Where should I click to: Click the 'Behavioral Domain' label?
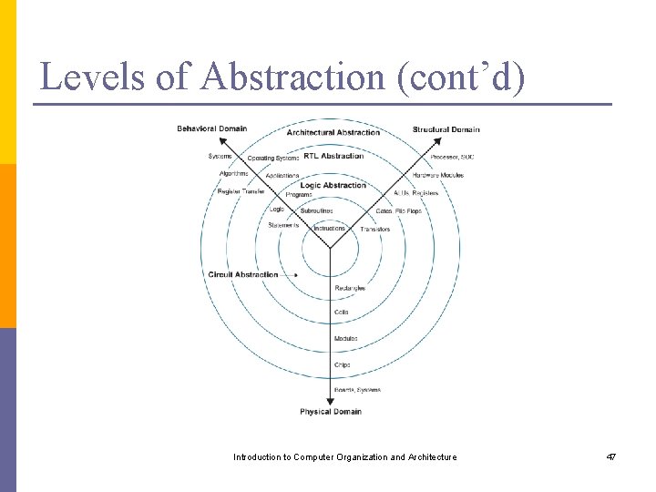click(211, 128)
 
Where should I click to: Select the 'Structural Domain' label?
click(446, 129)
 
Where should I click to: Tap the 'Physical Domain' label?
click(331, 412)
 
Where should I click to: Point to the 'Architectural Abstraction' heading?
click(333, 132)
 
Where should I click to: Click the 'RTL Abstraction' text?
click(333, 156)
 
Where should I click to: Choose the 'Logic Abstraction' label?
click(333, 185)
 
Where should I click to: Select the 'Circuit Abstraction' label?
click(243, 275)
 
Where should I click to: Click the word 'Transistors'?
click(374, 230)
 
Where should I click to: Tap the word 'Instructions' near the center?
click(329, 229)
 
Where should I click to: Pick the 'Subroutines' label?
click(316, 210)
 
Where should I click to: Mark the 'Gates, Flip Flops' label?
click(398, 210)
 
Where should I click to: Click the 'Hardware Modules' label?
click(437, 175)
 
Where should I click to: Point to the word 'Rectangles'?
click(350, 288)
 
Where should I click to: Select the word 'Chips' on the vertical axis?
click(342, 364)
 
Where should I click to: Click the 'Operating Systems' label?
click(272, 159)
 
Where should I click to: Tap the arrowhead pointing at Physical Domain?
click(330, 401)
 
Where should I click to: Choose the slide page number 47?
click(610, 456)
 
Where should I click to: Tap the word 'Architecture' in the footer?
click(432, 456)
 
